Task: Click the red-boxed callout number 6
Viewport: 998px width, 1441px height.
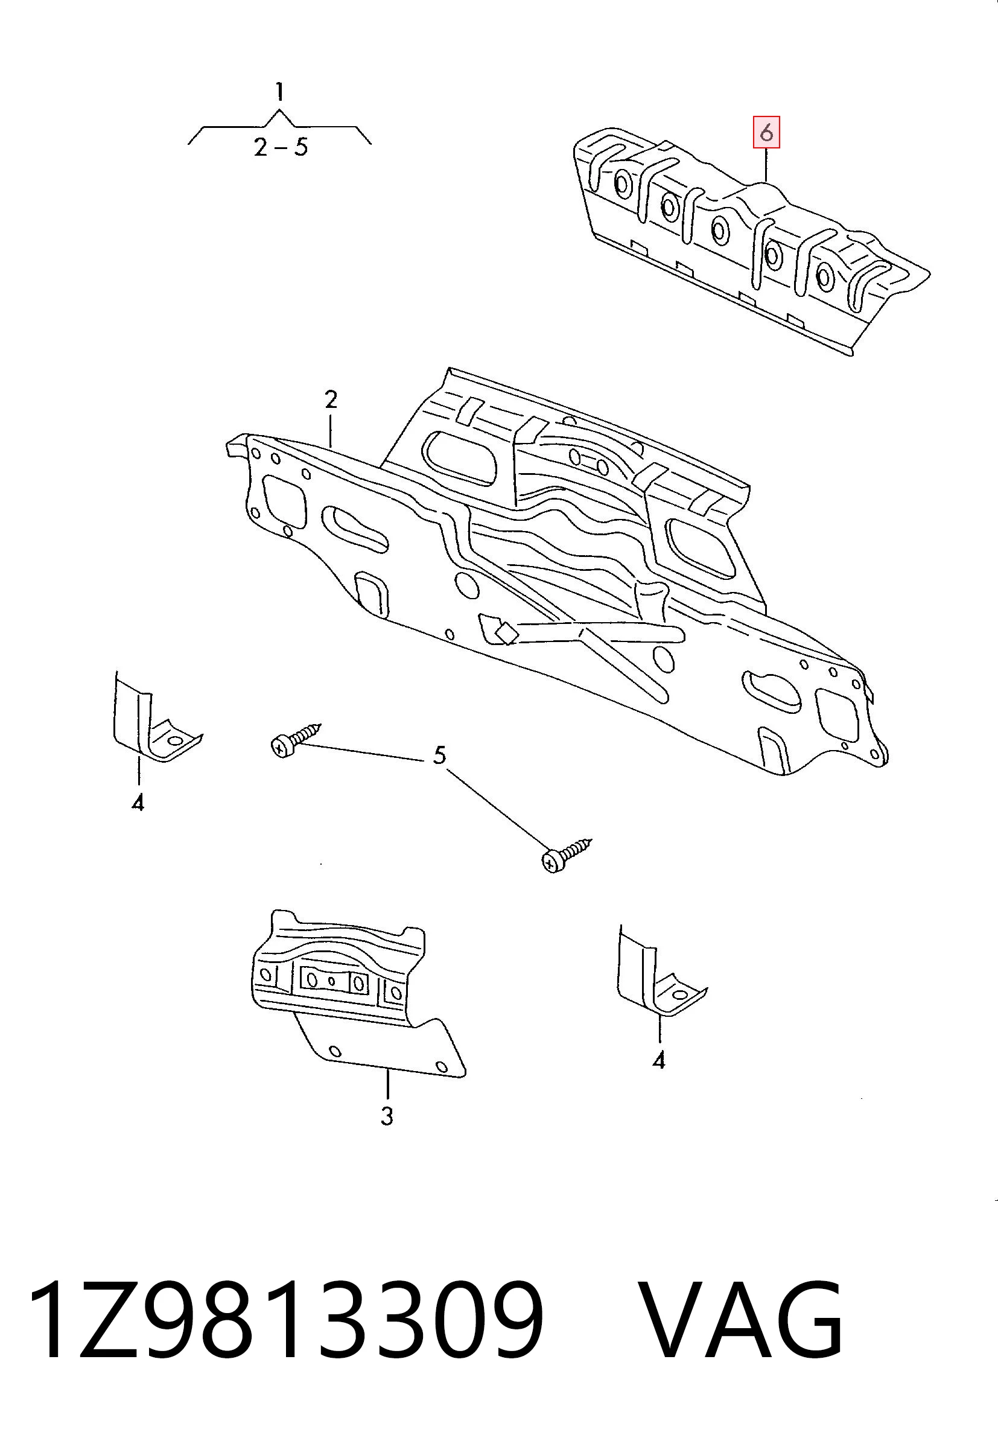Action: tap(766, 133)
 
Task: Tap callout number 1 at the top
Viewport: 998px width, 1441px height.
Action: tap(280, 93)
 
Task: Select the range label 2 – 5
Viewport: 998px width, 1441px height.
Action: tap(281, 148)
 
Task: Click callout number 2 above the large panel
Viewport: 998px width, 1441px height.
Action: tap(331, 399)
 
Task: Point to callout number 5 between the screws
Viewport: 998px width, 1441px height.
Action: tap(440, 755)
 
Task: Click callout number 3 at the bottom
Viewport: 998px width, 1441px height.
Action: tap(387, 1116)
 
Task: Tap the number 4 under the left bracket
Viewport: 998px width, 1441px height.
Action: tap(138, 803)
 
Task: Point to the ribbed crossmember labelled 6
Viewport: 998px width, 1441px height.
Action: tap(751, 241)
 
